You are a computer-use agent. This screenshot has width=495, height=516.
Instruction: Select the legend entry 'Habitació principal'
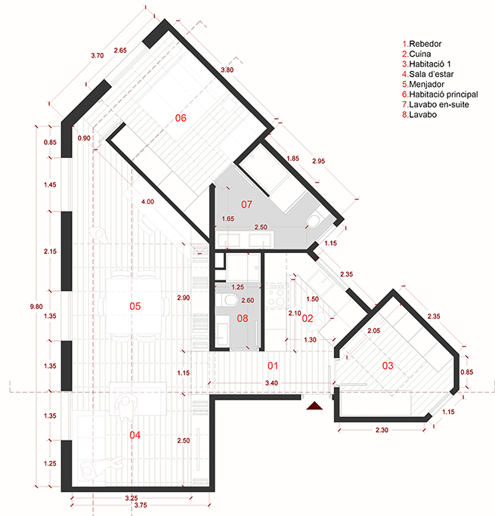pos(440,94)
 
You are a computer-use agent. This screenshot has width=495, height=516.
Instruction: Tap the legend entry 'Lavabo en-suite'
pos(435,105)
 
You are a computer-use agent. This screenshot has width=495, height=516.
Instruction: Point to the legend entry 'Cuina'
pos(416,54)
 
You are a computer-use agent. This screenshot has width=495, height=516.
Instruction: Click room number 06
pos(181,118)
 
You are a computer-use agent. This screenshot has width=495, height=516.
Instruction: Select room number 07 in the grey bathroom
pos(246,205)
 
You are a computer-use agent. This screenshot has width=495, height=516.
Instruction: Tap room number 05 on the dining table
pos(135,307)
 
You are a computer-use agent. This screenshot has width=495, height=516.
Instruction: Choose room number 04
pos(135,435)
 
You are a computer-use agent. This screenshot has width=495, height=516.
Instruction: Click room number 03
pos(388,366)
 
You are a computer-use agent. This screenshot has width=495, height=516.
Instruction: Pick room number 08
pos(243,318)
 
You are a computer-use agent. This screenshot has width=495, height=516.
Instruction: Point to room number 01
pos(273,366)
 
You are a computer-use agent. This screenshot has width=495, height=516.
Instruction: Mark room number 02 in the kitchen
pos(308,318)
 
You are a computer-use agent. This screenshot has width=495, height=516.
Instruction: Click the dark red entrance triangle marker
pos(314,406)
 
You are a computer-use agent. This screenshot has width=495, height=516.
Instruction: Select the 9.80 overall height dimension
pos(36,307)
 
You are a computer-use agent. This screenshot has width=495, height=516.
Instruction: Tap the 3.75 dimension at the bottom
pos(141,505)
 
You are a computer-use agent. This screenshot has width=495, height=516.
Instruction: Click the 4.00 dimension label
pos(147,202)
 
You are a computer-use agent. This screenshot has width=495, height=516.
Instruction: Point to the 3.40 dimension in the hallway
pos(271,383)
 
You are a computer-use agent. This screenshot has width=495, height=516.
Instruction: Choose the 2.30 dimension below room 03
pos(382,430)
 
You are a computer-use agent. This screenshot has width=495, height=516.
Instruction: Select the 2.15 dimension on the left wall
pos(50,252)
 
